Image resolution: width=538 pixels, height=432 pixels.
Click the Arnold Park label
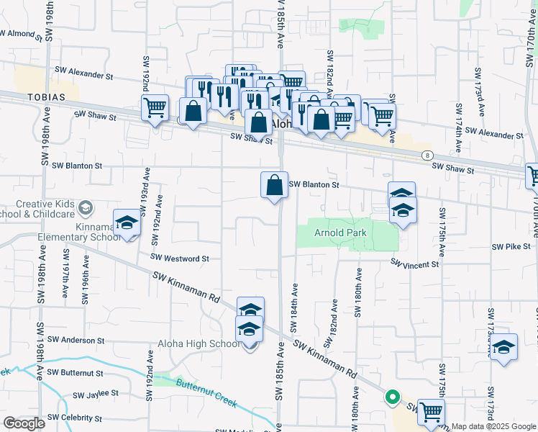tap(340, 233)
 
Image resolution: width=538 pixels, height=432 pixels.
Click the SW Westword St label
tap(179, 257)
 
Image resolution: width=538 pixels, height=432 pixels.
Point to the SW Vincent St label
tap(414, 264)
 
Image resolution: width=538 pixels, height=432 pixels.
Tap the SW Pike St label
tap(511, 246)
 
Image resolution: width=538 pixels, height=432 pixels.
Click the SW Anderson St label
tap(76, 340)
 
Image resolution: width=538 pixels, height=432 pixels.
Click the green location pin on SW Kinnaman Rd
tap(392, 397)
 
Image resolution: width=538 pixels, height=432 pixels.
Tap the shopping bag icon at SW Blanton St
tap(274, 185)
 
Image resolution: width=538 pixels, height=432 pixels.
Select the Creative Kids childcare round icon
tap(86, 208)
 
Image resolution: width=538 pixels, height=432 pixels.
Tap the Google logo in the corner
tap(24, 423)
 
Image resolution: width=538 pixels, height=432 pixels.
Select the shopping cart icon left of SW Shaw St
tap(155, 108)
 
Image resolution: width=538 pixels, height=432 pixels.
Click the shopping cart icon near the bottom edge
tap(431, 412)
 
